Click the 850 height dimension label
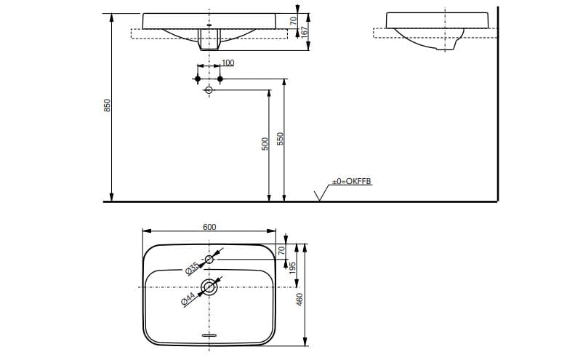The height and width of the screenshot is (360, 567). (x=107, y=105)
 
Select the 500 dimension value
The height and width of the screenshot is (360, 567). (x=265, y=143)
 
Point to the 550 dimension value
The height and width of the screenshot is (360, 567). (x=280, y=138)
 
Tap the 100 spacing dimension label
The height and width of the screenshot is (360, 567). (x=228, y=63)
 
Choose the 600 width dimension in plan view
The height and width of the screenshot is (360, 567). (x=209, y=227)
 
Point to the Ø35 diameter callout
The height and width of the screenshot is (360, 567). (x=192, y=268)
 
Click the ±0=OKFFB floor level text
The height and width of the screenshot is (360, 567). (x=352, y=181)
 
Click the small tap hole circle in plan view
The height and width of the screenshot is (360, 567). (x=209, y=260)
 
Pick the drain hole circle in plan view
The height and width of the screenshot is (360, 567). (x=209, y=287)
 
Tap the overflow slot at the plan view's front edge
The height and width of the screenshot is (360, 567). (x=209, y=335)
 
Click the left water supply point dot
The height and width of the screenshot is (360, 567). (x=198, y=77)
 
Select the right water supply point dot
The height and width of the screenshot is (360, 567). (x=220, y=77)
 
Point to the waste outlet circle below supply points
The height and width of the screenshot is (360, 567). (x=209, y=90)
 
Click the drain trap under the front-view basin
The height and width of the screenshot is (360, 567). (x=209, y=42)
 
